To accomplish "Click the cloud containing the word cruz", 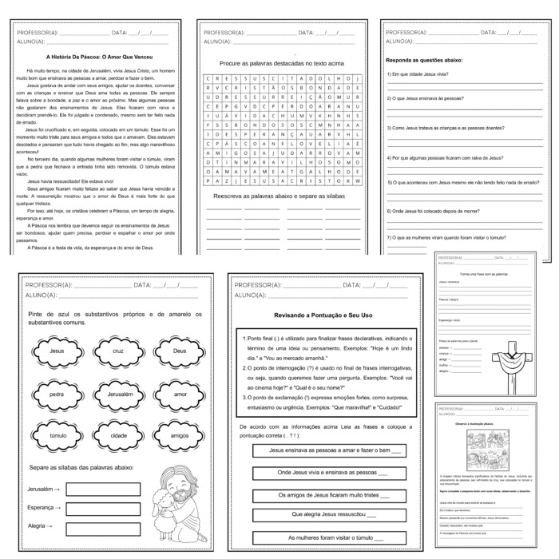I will pyautogui.click(x=119, y=351).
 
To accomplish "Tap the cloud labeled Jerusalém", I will pyautogui.click(x=119, y=394).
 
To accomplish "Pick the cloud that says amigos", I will pyautogui.click(x=180, y=437).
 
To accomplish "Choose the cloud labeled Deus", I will pyautogui.click(x=180, y=351).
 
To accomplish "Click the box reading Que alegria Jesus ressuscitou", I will pyautogui.click(x=325, y=515).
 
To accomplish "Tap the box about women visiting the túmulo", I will pyautogui.click(x=325, y=537).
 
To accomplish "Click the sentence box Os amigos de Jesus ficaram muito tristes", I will pyautogui.click(x=325, y=494).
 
